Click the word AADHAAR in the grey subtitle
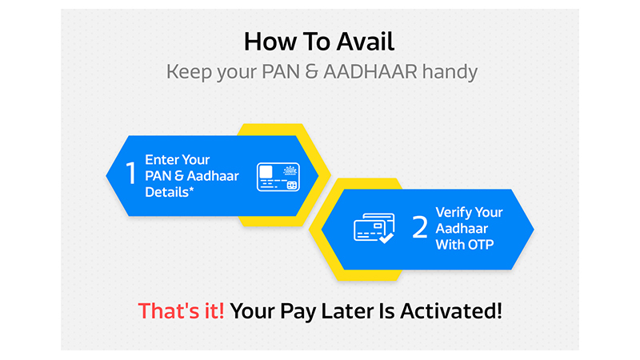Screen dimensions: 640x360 370,72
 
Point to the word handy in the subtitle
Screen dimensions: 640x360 450,73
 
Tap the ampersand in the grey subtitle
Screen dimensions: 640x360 311,72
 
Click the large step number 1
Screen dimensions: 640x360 130,173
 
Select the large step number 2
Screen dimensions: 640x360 419,227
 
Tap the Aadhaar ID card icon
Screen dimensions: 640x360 278,177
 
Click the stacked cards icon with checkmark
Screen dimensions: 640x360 374,228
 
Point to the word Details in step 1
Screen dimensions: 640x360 167,192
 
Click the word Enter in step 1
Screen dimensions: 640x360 162,159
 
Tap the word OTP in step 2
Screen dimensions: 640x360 481,245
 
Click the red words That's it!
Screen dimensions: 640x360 182,311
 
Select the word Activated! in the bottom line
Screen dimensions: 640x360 451,311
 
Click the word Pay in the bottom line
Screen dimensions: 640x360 298,312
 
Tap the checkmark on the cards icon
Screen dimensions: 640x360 386,238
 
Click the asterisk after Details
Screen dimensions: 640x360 191,189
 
